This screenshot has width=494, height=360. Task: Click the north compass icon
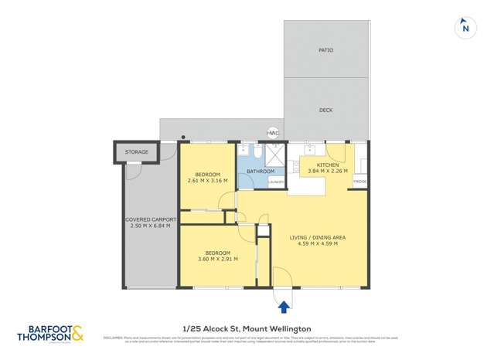[465, 28]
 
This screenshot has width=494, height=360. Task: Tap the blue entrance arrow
[284, 307]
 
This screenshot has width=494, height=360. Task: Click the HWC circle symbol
[272, 133]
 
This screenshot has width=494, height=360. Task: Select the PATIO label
[325, 50]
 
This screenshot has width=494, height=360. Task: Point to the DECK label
[325, 110]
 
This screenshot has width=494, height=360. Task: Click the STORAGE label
[136, 152]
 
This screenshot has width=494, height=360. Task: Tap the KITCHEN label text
[328, 165]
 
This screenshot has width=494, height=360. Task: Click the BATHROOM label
[261, 172]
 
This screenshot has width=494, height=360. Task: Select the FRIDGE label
[359, 181]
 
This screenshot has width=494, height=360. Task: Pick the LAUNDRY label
[276, 182]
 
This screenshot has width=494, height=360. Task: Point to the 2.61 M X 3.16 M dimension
[208, 181]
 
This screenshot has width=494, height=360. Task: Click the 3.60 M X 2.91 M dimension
[217, 259]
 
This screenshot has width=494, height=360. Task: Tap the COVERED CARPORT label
[151, 219]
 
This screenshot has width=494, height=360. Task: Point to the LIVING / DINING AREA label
[317, 237]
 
